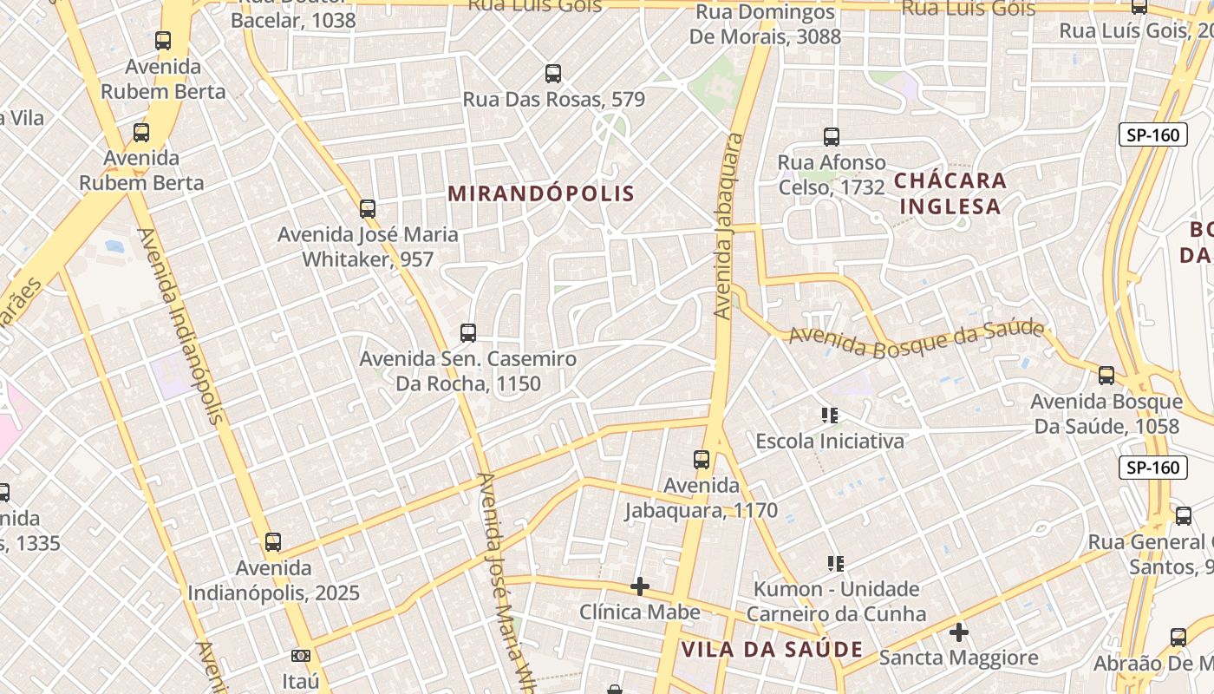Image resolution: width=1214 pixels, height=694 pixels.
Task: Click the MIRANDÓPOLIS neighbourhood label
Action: tap(541, 193)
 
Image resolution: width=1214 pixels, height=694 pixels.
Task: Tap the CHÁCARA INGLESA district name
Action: tap(950, 193)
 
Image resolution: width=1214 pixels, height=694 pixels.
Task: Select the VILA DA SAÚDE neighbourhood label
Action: tap(772, 649)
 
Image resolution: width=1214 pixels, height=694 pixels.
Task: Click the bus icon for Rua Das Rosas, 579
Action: tap(553, 74)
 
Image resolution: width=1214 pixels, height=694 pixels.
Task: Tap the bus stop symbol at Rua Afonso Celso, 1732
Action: tap(832, 136)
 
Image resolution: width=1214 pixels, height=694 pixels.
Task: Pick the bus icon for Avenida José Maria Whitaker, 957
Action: tap(368, 208)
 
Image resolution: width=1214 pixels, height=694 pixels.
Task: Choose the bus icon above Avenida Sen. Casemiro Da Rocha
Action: tap(468, 332)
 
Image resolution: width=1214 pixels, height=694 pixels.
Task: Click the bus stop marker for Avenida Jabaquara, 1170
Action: tap(702, 460)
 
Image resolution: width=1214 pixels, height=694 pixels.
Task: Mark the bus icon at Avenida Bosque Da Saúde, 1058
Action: tap(1106, 376)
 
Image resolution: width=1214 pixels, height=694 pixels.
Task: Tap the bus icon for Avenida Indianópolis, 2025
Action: tap(273, 542)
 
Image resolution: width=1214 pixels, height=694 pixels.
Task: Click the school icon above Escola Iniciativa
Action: tap(830, 416)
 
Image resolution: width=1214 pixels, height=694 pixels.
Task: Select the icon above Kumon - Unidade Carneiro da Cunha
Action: tap(836, 564)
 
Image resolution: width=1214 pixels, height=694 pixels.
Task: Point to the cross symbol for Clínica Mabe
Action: tap(640, 586)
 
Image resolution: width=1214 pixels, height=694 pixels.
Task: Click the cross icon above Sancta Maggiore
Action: tap(958, 632)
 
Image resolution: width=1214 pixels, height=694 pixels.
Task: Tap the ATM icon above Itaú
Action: tap(301, 655)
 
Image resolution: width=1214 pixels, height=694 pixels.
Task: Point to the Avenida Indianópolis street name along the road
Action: tap(179, 325)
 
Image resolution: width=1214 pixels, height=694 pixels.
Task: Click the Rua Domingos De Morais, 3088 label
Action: tap(765, 24)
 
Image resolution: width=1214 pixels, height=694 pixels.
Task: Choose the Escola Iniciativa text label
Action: tap(830, 441)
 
